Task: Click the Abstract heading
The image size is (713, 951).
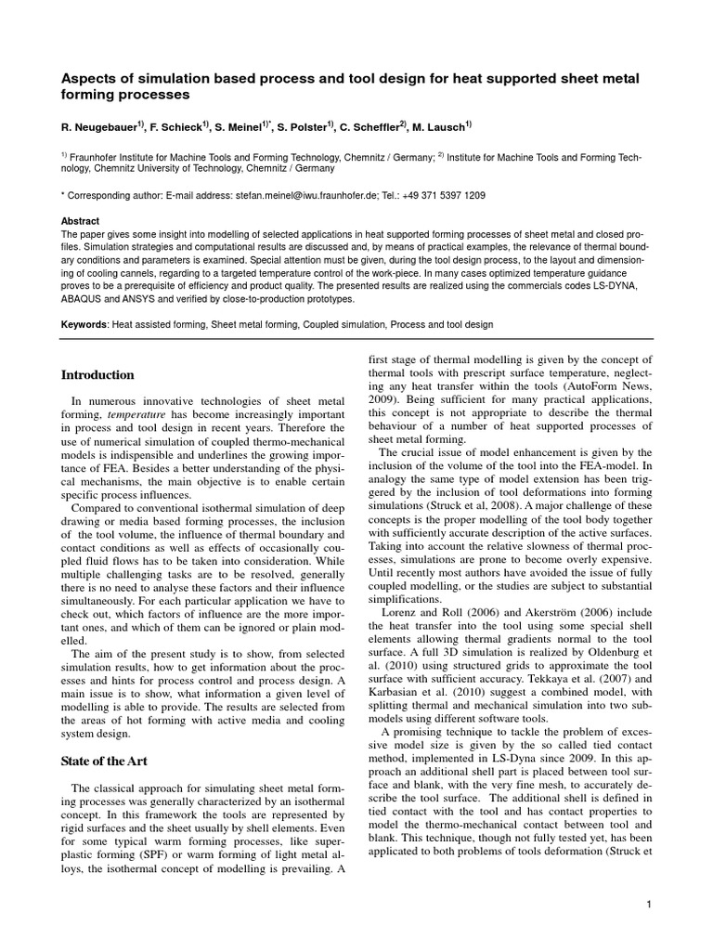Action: (80, 222)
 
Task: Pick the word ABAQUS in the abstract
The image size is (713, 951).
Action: (84, 300)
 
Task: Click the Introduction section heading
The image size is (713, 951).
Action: (97, 375)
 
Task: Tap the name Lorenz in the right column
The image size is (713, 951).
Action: (398, 615)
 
